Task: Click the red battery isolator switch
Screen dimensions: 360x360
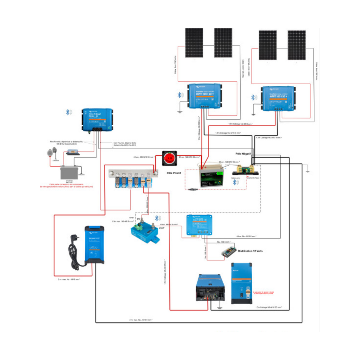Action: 171,158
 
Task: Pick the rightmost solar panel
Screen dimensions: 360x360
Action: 296,45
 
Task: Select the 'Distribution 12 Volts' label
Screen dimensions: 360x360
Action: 250,251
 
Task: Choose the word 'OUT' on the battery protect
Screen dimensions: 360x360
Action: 161,228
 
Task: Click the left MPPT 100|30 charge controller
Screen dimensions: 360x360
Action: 204,96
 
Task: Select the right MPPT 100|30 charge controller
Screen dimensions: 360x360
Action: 278,98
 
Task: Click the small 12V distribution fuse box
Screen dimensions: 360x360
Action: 229,253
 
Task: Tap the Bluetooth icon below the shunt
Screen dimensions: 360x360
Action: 235,182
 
